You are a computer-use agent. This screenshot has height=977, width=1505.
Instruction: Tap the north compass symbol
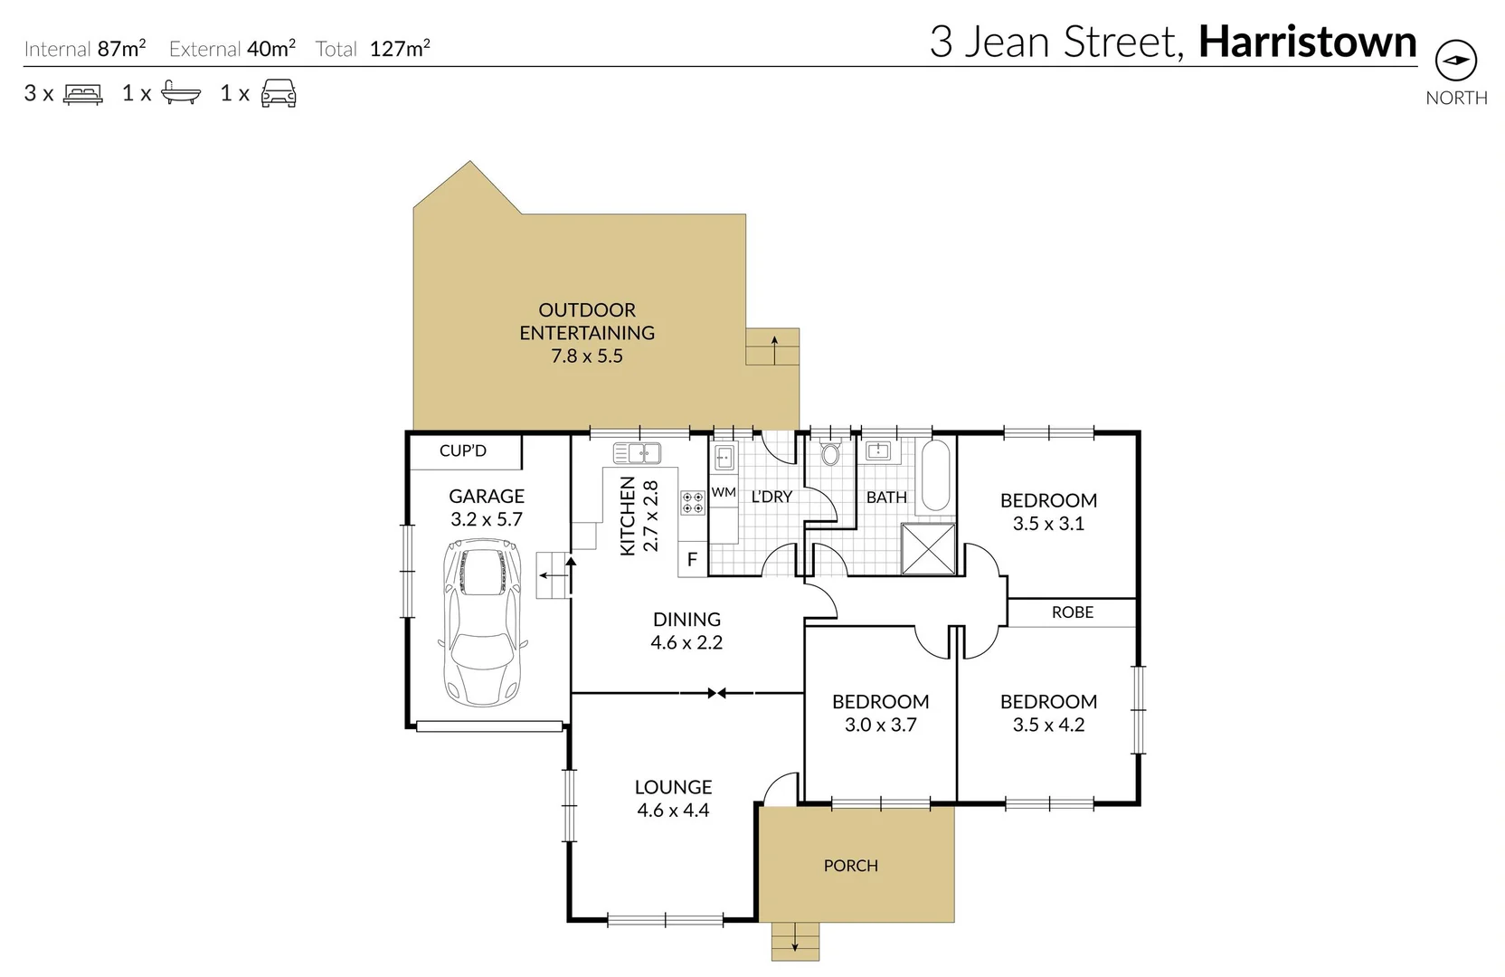1455,61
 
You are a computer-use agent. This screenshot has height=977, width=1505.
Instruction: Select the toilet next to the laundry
830,452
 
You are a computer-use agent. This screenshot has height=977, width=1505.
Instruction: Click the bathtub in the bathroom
935,476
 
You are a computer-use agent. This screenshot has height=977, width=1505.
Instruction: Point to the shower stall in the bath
928,548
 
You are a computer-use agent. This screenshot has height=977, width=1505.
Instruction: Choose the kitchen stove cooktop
693,503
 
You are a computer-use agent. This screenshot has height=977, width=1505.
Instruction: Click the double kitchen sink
637,453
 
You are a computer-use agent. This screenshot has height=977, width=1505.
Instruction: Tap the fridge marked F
692,560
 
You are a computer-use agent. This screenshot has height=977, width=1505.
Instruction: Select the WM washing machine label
724,492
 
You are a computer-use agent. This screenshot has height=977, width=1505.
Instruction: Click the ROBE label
1072,612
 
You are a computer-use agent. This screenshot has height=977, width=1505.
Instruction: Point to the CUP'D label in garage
463,451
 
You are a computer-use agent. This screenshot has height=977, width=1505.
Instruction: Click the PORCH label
850,866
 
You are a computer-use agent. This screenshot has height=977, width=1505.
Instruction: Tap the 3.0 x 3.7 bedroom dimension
880,725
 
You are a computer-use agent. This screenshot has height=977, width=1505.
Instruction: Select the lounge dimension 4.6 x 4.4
673,811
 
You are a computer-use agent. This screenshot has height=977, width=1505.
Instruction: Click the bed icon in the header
83,93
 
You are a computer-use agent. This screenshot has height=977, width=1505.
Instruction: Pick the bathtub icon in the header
180,93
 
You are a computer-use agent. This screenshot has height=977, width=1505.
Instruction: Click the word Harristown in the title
1307,42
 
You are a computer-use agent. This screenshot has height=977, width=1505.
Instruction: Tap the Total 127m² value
400,49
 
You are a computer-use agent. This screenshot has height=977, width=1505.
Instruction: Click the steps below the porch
795,941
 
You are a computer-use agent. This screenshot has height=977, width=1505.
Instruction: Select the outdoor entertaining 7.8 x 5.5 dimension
587,356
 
